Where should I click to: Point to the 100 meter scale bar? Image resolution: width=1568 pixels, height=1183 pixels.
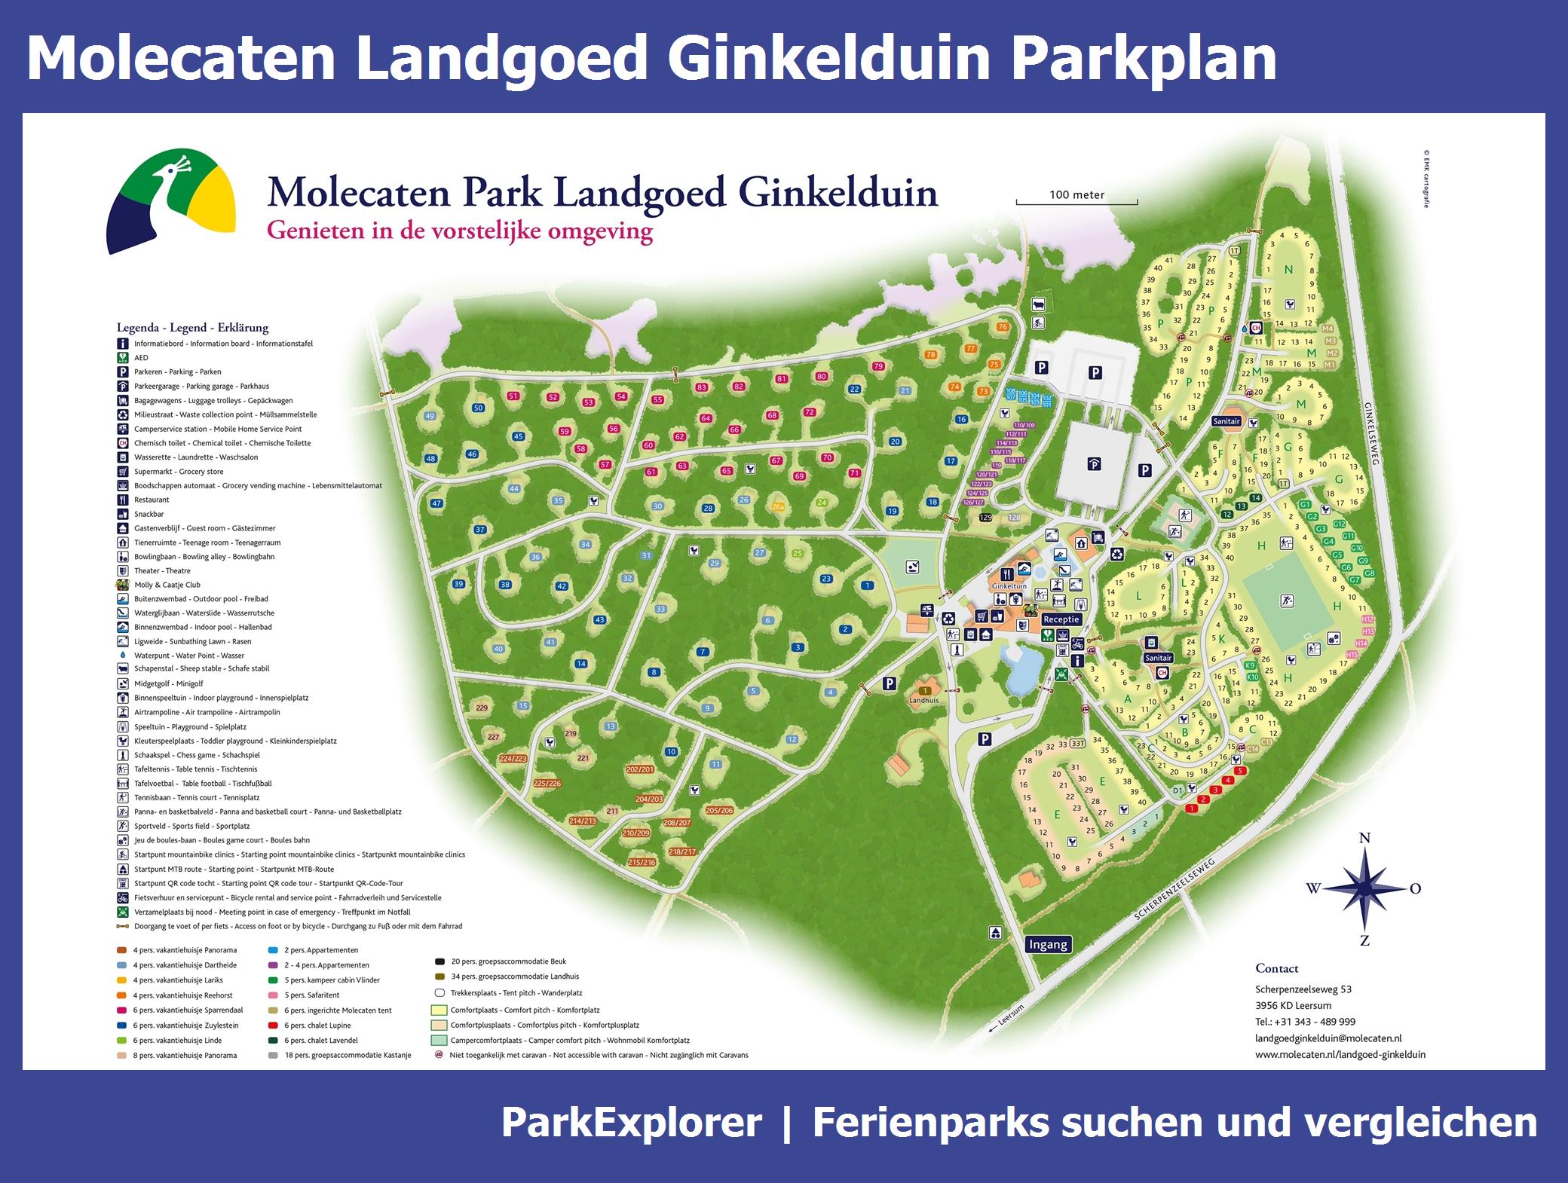[1076, 200]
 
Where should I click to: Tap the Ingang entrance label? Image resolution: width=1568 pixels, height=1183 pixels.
[1048, 944]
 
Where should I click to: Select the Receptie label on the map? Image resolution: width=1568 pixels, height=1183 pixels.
[1061, 619]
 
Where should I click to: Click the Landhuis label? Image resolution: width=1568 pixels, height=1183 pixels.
[924, 700]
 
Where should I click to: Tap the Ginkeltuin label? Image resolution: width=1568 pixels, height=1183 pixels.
[1009, 585]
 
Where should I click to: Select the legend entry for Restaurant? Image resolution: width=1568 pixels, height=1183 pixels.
[152, 500]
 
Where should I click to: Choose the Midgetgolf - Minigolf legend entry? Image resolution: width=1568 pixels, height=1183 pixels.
[168, 683]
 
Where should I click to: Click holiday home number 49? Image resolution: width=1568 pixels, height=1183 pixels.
[430, 416]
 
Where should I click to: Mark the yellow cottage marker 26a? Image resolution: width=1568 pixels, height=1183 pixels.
[778, 507]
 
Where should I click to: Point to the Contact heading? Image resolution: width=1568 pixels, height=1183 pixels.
[1277, 968]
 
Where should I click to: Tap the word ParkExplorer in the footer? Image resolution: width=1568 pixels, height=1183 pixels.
[631, 1123]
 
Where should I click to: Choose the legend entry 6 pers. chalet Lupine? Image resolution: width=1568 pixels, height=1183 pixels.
[317, 1026]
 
